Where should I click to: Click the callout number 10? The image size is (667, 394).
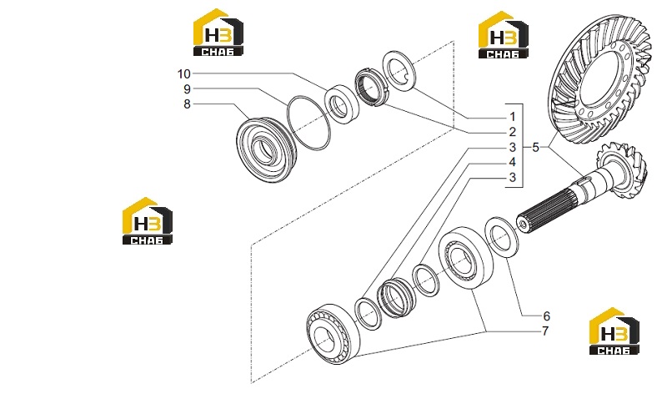[183, 74]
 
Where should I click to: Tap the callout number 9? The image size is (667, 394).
[187, 89]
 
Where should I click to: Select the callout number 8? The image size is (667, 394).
[187, 104]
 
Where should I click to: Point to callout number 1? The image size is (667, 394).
[513, 117]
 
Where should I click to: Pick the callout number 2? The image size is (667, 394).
[513, 132]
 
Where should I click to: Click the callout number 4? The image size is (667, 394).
[513, 162]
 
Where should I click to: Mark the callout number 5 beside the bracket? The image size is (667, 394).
[535, 148]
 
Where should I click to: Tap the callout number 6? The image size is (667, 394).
[547, 316]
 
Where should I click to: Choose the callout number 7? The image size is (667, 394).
[546, 331]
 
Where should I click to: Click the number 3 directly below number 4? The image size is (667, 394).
[513, 177]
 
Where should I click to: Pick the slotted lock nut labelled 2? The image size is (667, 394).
[371, 88]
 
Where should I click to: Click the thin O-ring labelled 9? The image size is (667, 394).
[308, 123]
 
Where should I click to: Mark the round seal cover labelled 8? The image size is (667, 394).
[264, 149]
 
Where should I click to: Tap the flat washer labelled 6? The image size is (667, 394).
[503, 237]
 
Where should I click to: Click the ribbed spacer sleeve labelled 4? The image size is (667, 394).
[396, 298]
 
